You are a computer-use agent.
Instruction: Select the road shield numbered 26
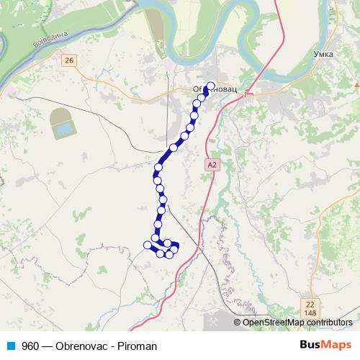[68, 60]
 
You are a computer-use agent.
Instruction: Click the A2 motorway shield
[211, 165]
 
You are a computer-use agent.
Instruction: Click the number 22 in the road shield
[310, 305]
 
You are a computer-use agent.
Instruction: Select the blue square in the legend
[11, 346]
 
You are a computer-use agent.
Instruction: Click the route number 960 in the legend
[30, 346]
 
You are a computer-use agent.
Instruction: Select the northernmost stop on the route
[211, 88]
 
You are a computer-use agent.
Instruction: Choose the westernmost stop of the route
[148, 245]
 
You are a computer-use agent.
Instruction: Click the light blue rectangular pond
[64, 129]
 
